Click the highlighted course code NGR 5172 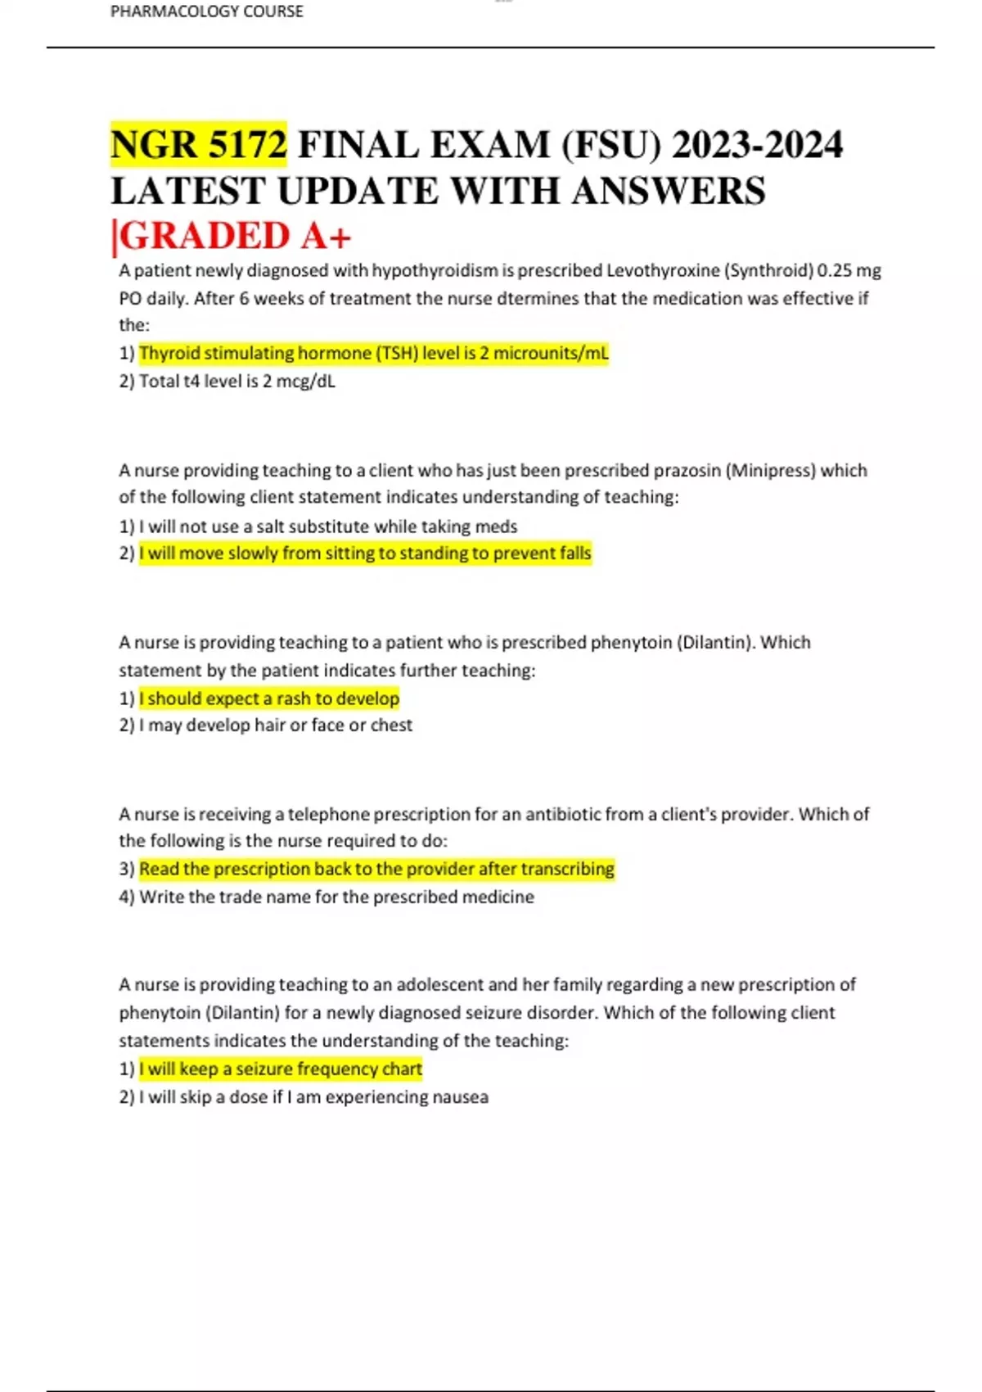[x=199, y=145]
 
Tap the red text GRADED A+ [x=236, y=237]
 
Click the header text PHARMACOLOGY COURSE [x=206, y=11]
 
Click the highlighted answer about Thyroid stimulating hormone [x=374, y=353]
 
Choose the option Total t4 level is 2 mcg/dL [x=236, y=381]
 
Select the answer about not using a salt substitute [x=327, y=526]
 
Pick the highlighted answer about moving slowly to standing [x=365, y=554]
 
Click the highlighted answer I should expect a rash [x=269, y=698]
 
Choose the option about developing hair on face [x=275, y=725]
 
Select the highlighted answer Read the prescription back [x=376, y=869]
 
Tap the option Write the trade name [x=336, y=897]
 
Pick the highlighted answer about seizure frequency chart [x=281, y=1069]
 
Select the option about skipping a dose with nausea [x=313, y=1097]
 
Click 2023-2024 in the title [x=757, y=145]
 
